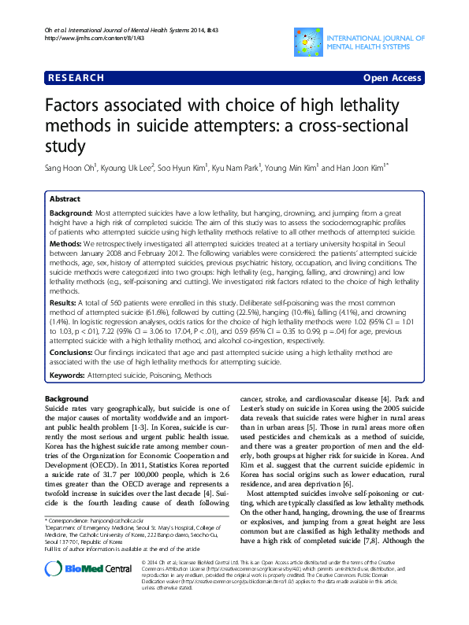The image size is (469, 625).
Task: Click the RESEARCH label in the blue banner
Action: pyautogui.click(x=76, y=78)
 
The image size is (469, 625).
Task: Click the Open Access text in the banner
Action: pyautogui.click(x=393, y=78)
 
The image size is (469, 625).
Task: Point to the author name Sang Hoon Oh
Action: pyautogui.click(x=72, y=168)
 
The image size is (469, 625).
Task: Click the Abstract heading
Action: pyautogui.click(x=65, y=200)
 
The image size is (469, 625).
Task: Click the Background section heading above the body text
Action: pyautogui.click(x=67, y=399)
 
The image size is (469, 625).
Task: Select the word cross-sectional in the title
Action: pyautogui.click(x=355, y=126)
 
